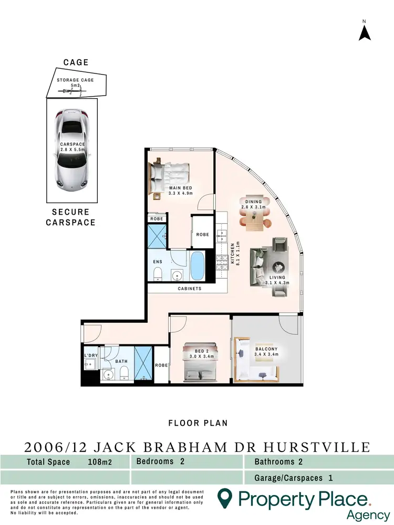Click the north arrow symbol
[x=365, y=32]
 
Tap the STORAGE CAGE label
[x=76, y=81]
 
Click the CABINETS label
[x=189, y=289]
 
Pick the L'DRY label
[x=91, y=355]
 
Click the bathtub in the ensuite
[x=198, y=266]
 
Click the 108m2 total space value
[x=102, y=462]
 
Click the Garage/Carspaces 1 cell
[x=294, y=478]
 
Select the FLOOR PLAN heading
[x=198, y=423]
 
